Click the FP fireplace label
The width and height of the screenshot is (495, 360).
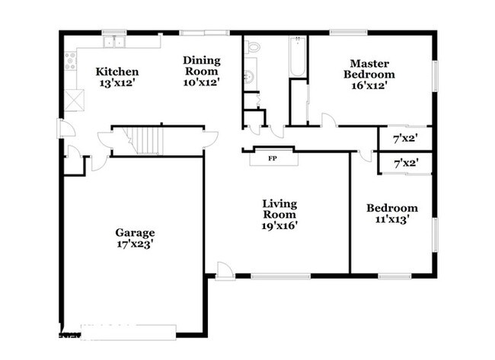click(x=273, y=159)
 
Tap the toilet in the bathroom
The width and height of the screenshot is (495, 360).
click(x=252, y=46)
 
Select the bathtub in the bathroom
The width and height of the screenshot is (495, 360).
click(x=297, y=56)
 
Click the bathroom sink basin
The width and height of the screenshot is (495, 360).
click(x=249, y=76)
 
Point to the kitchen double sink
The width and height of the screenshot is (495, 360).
click(x=114, y=41)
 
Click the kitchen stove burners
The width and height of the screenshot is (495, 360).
click(x=70, y=61)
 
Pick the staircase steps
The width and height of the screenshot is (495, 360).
click(x=146, y=141)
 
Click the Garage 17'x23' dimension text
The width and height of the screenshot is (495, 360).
click(x=136, y=244)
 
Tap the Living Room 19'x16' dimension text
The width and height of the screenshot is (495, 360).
click(x=279, y=225)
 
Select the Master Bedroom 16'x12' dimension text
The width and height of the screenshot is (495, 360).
click(x=369, y=85)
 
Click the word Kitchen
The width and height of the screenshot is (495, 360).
click(x=117, y=72)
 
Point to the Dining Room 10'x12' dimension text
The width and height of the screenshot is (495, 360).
click(x=202, y=82)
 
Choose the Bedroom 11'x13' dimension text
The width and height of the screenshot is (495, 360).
click(x=392, y=219)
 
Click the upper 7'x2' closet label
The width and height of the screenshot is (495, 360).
click(x=406, y=139)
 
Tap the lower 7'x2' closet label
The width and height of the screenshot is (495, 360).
click(x=407, y=164)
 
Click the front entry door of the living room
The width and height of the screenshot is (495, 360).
click(x=225, y=271)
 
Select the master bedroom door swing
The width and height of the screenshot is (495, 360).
click(x=329, y=120)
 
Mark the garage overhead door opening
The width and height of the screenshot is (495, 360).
click(x=128, y=333)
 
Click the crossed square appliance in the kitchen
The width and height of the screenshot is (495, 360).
click(x=75, y=100)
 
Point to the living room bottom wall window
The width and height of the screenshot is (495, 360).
click(x=281, y=276)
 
